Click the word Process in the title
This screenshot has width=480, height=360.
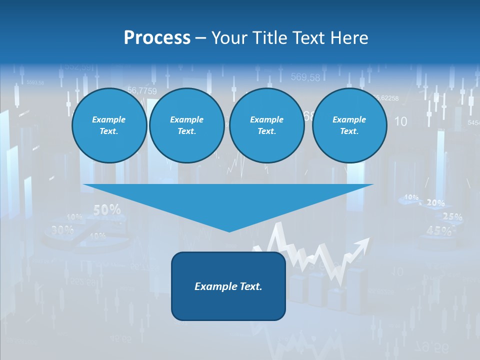pos(157,38)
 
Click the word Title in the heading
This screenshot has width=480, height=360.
pos(269,38)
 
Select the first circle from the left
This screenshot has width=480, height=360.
pos(109,125)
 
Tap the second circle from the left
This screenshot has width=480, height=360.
pos(186,125)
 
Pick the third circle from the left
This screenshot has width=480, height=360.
pos(266,125)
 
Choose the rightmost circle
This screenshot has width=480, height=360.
pos(349,125)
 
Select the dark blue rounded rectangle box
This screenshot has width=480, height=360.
pos(228,286)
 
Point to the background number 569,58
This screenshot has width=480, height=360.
pos(305,77)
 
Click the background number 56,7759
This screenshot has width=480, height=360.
pos(142,90)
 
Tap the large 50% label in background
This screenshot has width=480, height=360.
pos(106,210)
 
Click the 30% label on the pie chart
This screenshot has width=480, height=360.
pos(62,230)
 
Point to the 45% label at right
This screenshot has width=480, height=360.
pos(439,230)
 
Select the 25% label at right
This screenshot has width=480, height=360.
pos(452,216)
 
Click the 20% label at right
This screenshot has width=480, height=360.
pos(435,203)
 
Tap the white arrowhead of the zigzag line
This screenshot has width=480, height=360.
pos(364,244)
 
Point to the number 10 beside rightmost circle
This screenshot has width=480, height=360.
pos(400,121)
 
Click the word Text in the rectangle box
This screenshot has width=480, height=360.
pos(249,286)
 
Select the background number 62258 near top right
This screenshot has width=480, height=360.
pos(388,98)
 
